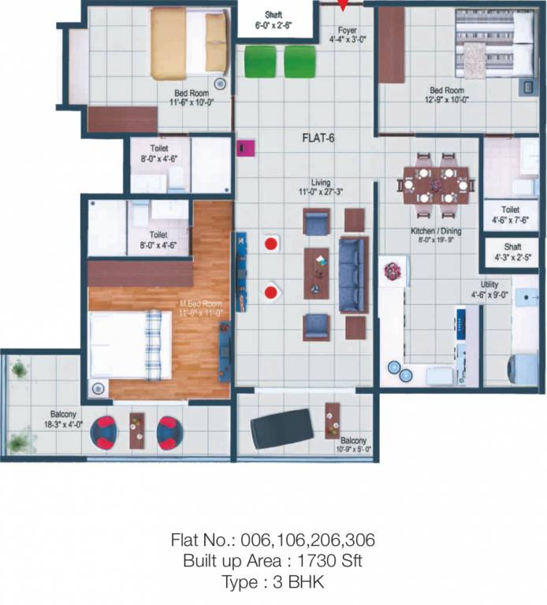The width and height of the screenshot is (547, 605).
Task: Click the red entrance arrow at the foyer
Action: tap(344, 6)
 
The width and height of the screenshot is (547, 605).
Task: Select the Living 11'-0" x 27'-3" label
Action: tap(320, 187)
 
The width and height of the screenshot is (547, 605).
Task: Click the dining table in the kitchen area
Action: tap(435, 183)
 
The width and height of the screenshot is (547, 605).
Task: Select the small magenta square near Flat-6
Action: tap(244, 147)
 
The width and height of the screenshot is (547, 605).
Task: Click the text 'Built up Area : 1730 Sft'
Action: tap(273, 562)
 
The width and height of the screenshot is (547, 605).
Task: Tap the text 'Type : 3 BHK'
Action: tap(273, 583)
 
